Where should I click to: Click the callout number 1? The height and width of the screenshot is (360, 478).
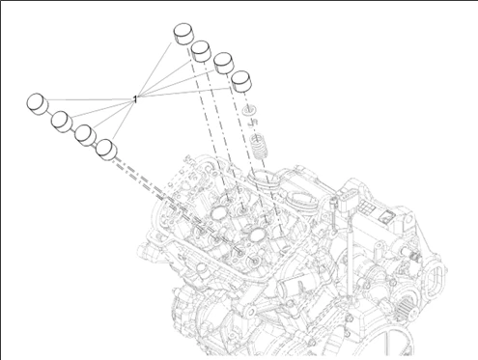point(135,99)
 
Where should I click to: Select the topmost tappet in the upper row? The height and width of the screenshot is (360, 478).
point(183,34)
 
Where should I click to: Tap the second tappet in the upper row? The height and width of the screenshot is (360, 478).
point(201,51)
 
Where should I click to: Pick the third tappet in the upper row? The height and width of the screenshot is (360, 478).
point(223,63)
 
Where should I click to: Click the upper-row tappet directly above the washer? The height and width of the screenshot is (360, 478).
point(241,81)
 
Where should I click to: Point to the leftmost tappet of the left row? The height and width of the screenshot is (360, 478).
point(38,104)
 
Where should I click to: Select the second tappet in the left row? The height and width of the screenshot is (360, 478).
point(62,122)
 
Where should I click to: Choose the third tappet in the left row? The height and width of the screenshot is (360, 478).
point(85,135)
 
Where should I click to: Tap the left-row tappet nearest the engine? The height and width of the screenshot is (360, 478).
point(106,150)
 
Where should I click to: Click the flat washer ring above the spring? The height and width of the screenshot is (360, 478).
point(250,110)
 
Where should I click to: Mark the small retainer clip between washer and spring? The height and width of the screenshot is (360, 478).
point(253,123)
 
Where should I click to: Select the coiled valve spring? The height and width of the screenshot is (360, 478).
point(260,147)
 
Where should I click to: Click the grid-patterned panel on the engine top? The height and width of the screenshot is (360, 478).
point(366,207)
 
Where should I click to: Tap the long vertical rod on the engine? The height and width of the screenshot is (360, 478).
point(350,261)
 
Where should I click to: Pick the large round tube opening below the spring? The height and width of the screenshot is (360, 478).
point(264,179)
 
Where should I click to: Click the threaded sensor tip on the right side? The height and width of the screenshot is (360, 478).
point(416,257)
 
